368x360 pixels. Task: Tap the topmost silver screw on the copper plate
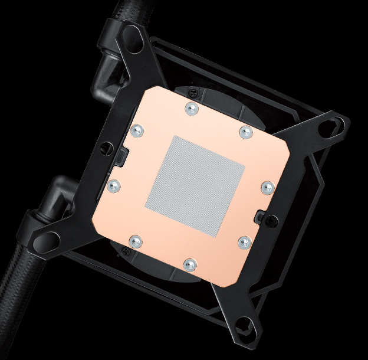coord(190,108)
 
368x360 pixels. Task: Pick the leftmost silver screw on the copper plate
coord(114,186)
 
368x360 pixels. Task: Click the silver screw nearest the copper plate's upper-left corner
coord(137,131)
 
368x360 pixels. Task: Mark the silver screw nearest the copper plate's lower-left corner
coord(135,240)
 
